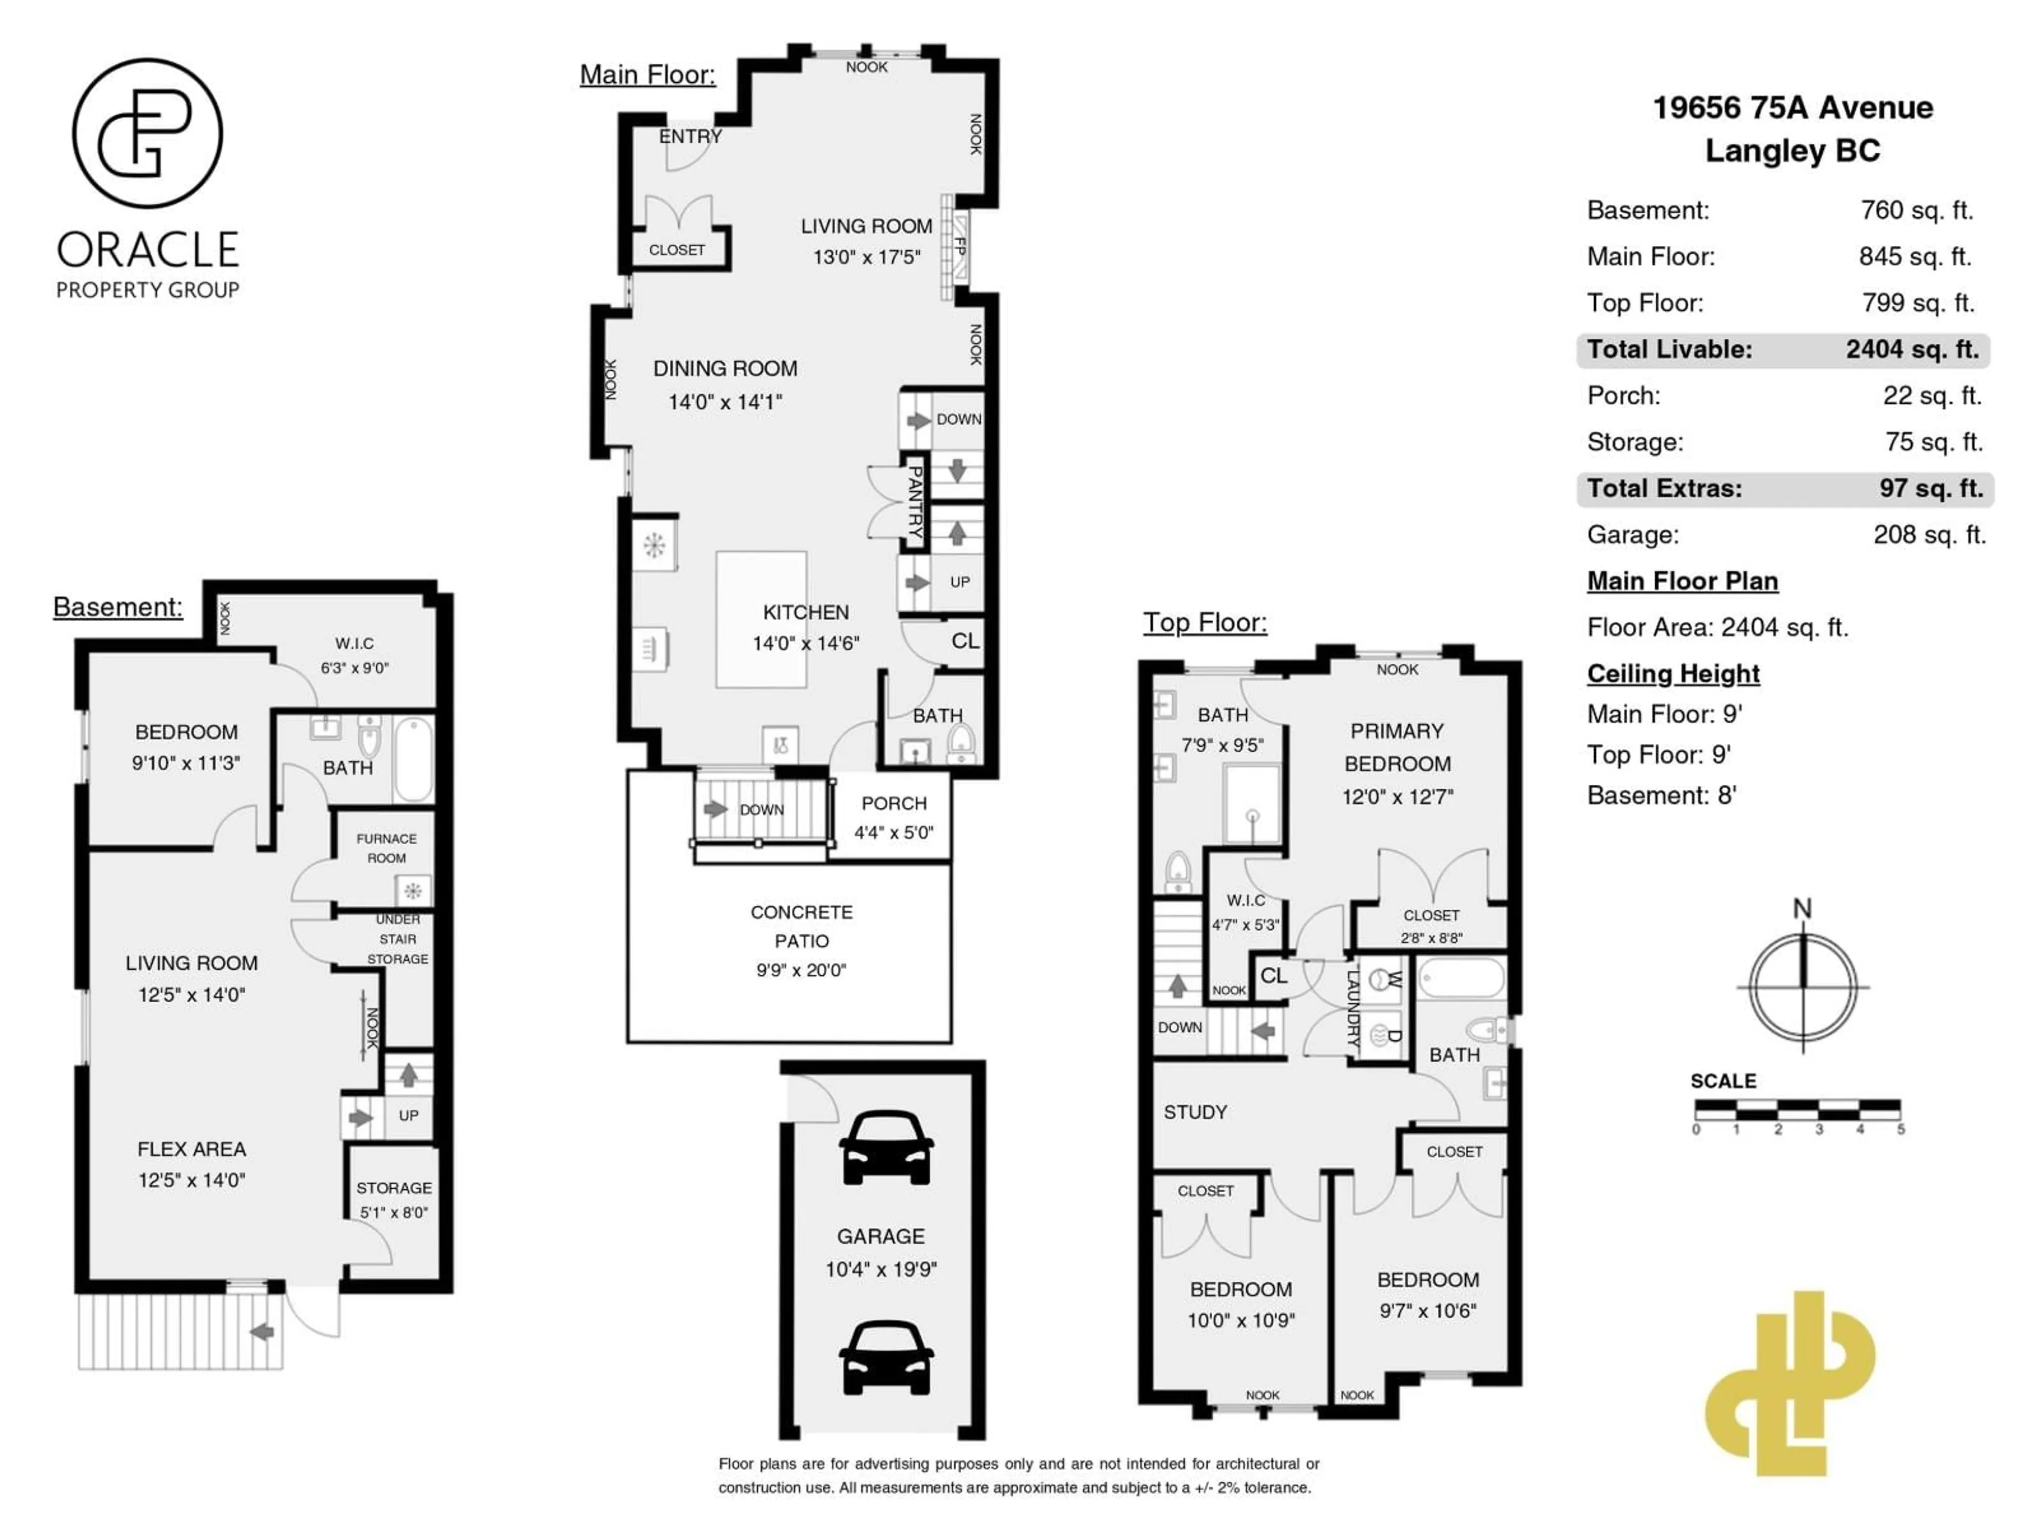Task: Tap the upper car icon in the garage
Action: coord(885,1147)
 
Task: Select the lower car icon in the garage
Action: coord(885,1358)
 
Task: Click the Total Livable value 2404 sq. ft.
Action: coord(1912,349)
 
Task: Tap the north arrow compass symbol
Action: coord(1802,984)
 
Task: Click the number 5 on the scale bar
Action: coord(1901,1129)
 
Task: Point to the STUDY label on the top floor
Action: coord(1195,1112)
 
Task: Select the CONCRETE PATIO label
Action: coord(801,926)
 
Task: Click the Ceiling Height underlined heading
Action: coord(1672,674)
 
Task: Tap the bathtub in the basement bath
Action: coord(413,759)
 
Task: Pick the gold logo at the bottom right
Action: coord(1789,1382)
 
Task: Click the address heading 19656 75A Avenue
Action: coord(1792,108)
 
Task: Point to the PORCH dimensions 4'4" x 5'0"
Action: coord(893,832)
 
